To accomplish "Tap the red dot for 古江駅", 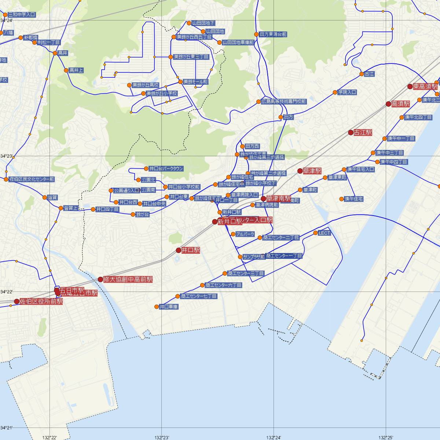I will click(x=351, y=132).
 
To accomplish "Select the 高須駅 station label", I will click(x=401, y=104).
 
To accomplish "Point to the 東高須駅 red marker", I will click(x=410, y=87).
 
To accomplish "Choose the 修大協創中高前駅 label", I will click(x=128, y=279).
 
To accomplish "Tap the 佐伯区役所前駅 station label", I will click(x=41, y=301).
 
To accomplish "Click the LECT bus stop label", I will click(x=324, y=233).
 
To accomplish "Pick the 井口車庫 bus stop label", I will click(x=169, y=307).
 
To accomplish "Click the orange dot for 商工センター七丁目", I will click(x=178, y=296).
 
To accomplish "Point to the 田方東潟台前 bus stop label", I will click(x=273, y=34).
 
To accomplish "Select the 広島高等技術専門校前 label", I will click(x=284, y=101).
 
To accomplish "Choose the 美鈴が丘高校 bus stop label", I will click(x=146, y=85).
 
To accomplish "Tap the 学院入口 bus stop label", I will click(x=347, y=92).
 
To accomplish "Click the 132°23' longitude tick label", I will click(x=161, y=437).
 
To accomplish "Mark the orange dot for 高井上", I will click(x=66, y=70).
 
